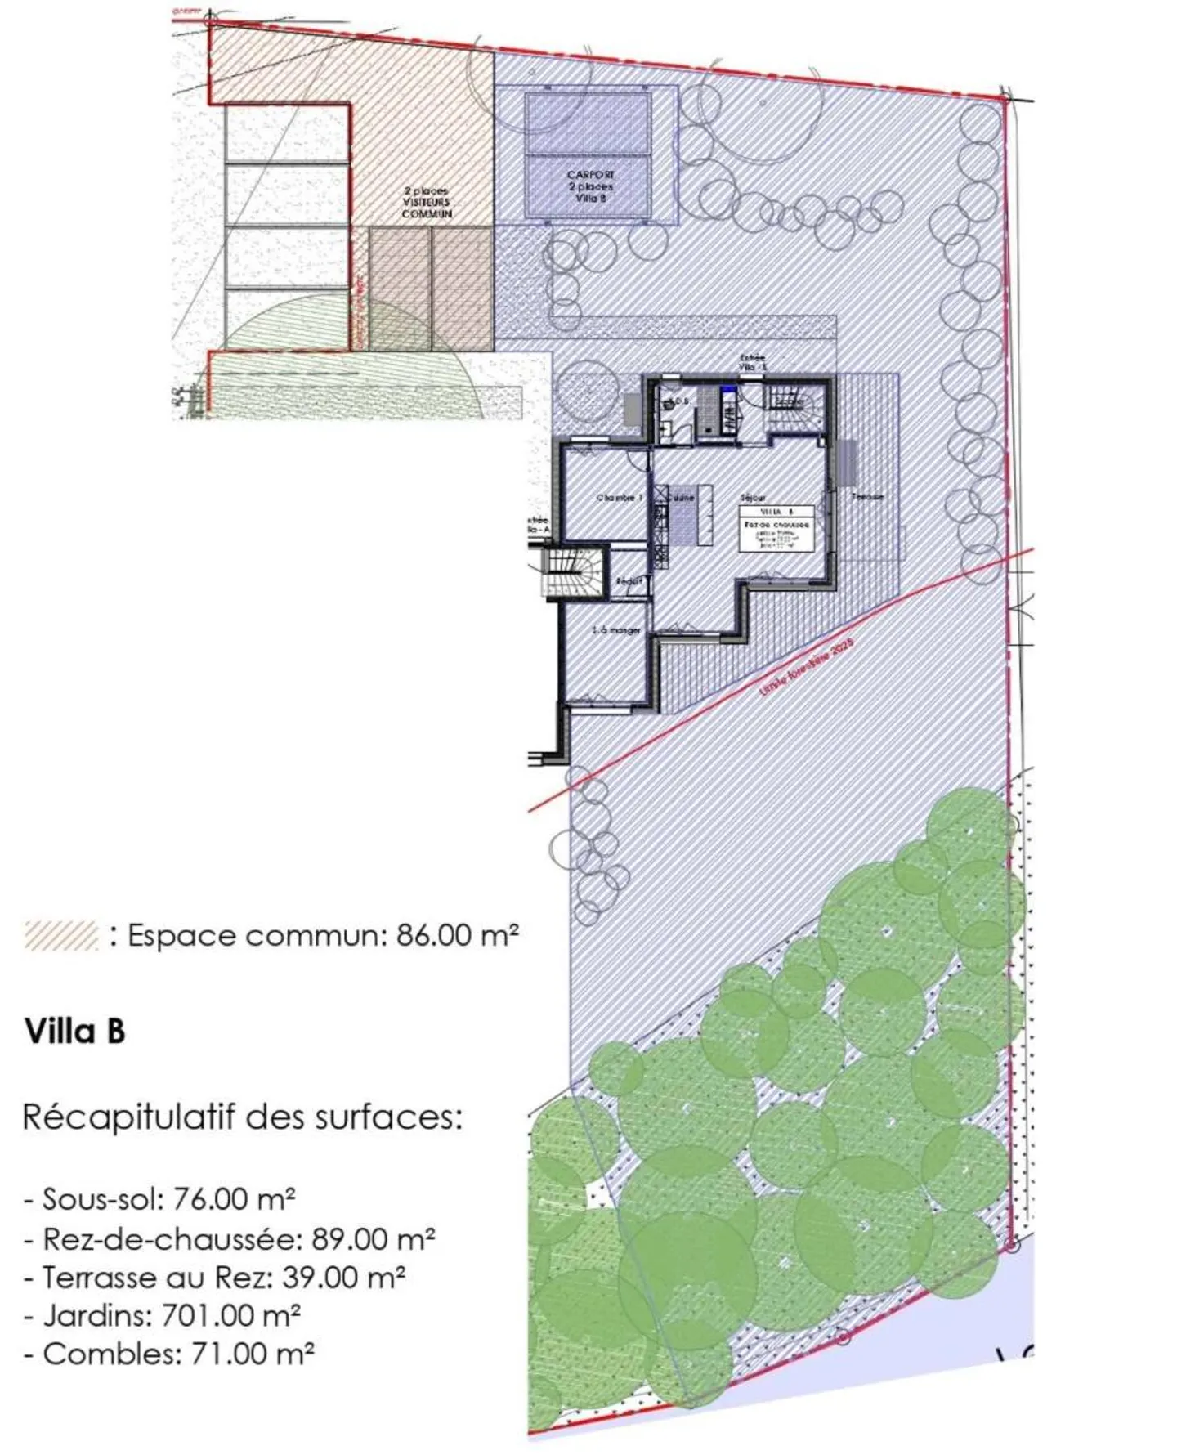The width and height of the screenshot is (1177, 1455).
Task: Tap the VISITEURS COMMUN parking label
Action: click(x=426, y=202)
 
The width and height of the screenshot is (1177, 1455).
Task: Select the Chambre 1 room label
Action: click(x=619, y=497)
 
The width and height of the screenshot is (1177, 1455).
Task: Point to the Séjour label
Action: click(x=753, y=497)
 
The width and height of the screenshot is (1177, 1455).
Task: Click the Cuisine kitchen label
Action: click(x=681, y=497)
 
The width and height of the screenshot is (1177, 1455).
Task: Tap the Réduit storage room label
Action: click(x=629, y=580)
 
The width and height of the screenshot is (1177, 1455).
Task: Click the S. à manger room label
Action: click(x=615, y=630)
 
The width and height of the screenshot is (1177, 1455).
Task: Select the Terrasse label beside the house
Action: click(x=866, y=496)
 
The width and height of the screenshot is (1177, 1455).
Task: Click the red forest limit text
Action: click(x=805, y=667)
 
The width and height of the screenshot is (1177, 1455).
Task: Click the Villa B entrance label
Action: click(x=752, y=362)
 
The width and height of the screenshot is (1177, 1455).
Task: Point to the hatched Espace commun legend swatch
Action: click(x=61, y=935)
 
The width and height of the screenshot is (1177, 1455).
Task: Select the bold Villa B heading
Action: click(x=75, y=1031)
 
